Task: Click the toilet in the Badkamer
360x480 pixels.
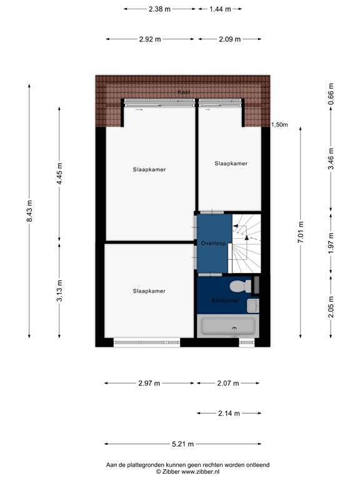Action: click(x=238, y=287)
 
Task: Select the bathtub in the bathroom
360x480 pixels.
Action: click(x=227, y=326)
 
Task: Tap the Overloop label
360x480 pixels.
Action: click(x=212, y=242)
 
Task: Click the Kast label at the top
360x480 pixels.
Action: click(x=184, y=92)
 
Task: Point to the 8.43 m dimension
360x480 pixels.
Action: click(x=29, y=212)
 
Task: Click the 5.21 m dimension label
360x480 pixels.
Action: click(x=182, y=444)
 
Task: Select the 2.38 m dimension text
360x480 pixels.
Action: click(x=159, y=9)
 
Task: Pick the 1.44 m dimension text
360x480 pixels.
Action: click(x=220, y=9)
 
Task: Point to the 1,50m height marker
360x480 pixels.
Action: click(x=279, y=125)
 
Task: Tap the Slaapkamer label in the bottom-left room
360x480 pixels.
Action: click(x=149, y=291)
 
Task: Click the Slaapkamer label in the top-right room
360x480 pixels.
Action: click(x=231, y=164)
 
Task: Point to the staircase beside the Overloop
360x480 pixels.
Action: click(x=246, y=244)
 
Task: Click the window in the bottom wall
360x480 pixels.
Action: click(x=147, y=342)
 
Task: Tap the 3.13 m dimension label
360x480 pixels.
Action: click(x=59, y=291)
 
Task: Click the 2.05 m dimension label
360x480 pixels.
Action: click(x=331, y=306)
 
